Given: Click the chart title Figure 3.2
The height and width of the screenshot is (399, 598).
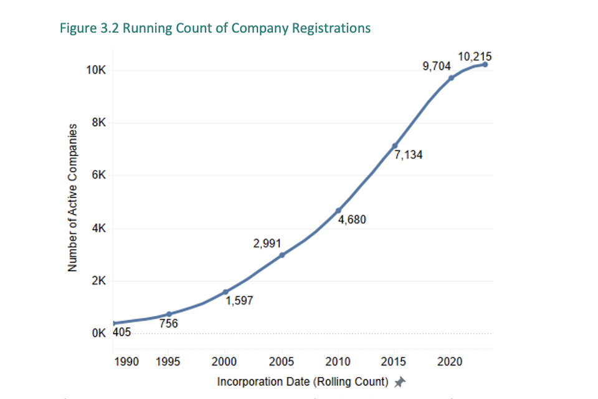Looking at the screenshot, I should [x=215, y=28].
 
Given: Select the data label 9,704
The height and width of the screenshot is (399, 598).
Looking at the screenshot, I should [x=437, y=65].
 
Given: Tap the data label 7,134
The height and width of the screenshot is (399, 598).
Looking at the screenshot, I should [x=409, y=155].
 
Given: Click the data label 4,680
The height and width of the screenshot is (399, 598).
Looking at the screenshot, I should [x=352, y=220].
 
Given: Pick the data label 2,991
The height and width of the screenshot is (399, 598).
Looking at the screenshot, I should [x=267, y=242].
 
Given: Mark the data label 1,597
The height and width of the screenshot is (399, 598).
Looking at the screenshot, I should [x=239, y=302].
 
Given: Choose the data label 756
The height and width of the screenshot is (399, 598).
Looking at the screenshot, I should [x=168, y=324].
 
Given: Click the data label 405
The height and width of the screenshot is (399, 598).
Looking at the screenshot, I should [x=122, y=333].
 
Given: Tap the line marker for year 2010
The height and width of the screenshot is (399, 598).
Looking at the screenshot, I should [x=338, y=211].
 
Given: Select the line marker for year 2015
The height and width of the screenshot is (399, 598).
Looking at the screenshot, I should [x=394, y=146].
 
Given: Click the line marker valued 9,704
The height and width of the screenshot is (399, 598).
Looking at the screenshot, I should [x=451, y=78].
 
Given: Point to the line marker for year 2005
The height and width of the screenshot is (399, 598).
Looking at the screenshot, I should [x=282, y=255].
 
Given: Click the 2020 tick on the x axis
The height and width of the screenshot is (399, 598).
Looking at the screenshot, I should [x=450, y=362].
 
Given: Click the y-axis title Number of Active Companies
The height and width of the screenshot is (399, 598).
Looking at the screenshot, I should [x=72, y=197].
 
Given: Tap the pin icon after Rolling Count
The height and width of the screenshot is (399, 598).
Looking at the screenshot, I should [x=401, y=381].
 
